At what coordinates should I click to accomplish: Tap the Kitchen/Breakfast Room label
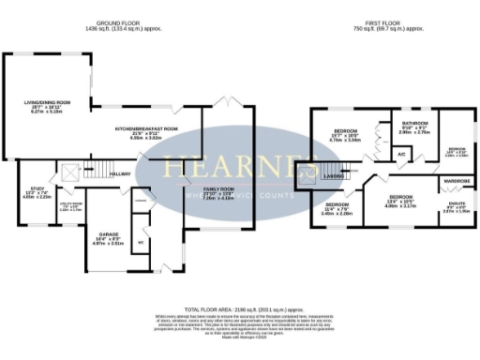point(145,128)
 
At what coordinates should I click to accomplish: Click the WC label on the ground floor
point(141,240)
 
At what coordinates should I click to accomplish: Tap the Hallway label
point(119,173)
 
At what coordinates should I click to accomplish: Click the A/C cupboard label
point(400,153)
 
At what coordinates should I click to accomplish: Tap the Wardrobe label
point(457,179)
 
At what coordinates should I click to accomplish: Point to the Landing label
point(336,175)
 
